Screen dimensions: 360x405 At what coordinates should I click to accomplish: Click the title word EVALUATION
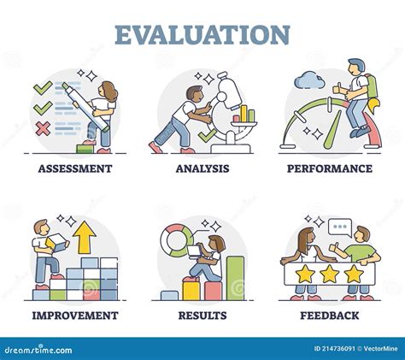[x=202, y=34]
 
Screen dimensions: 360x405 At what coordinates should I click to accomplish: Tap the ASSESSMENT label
[x=74, y=168]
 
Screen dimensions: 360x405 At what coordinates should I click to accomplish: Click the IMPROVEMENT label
[x=74, y=316]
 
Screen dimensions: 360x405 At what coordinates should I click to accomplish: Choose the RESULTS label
[x=202, y=316]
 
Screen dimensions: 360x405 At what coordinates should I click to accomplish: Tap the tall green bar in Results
[x=235, y=278]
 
